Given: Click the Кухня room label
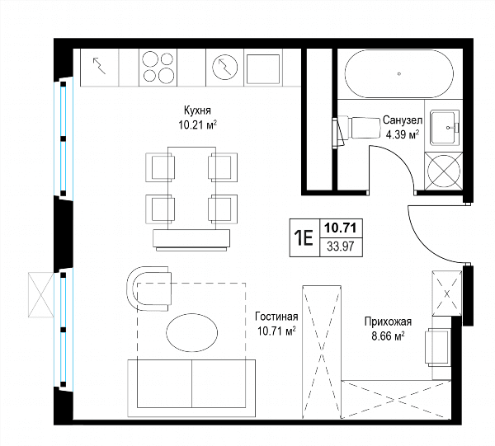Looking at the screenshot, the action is (197, 110).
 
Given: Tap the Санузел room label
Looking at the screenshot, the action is (403, 120).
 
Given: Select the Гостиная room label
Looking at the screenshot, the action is (276, 317).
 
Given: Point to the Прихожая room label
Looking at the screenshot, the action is (388, 322).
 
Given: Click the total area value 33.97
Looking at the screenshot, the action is (340, 246).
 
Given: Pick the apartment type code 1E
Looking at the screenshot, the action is (304, 237).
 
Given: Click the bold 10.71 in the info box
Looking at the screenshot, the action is (340, 228).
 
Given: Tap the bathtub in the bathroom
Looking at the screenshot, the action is (399, 74).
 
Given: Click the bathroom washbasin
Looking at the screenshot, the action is (445, 128).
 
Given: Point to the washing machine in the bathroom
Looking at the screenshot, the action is (444, 171).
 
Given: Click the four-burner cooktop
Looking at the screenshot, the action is (158, 68).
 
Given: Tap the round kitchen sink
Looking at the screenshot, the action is (224, 67).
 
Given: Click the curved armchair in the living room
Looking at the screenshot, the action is (148, 289).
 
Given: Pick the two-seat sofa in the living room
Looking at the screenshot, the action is (191, 388).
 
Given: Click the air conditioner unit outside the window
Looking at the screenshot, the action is (40, 295).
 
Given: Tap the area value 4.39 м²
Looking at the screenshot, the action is (403, 134).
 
